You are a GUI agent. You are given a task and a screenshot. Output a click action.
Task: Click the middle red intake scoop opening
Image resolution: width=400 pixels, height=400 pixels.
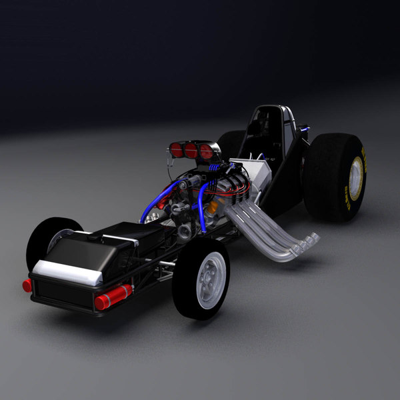click(x=191, y=151)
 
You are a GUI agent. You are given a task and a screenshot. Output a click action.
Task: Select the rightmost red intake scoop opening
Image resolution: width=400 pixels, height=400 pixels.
click(x=207, y=153)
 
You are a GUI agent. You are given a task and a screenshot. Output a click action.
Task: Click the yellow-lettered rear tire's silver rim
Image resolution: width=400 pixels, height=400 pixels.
click(x=355, y=178)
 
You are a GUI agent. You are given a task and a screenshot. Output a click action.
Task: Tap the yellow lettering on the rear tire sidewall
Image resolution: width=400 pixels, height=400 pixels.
click(x=363, y=163)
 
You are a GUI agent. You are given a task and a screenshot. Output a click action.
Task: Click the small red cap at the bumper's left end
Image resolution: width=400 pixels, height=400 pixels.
click(x=27, y=285)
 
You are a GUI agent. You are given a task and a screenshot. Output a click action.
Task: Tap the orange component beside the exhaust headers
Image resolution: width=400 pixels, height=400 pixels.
click(x=212, y=207)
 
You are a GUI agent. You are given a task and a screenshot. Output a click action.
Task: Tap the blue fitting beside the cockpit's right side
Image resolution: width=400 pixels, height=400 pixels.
click(x=303, y=127)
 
